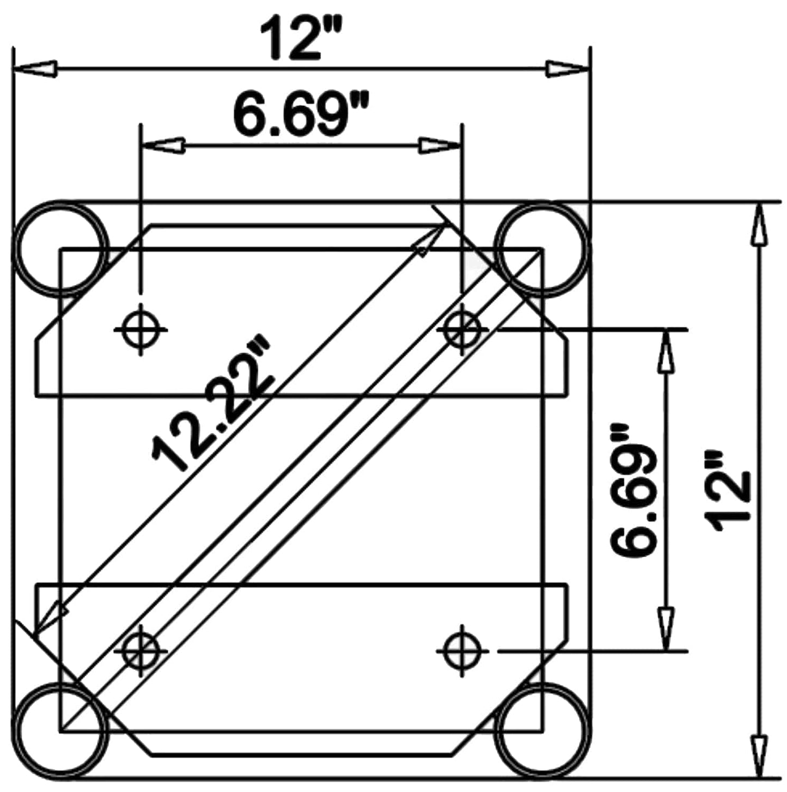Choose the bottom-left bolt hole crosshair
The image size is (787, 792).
tap(141, 650)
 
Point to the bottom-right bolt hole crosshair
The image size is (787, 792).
tap(462, 650)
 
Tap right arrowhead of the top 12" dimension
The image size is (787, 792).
tap(568, 69)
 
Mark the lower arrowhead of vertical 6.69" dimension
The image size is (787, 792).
tap(664, 629)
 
